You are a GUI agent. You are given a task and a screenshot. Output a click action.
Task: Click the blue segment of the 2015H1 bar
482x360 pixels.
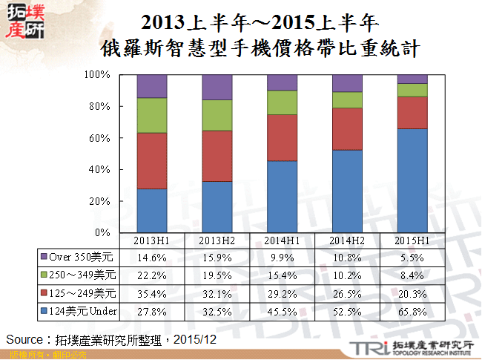coord(412,180)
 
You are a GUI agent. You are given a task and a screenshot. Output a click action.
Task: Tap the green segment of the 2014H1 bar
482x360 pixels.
coord(282,102)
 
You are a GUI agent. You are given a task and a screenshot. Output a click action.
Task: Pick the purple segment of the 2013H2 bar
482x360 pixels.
coord(217,88)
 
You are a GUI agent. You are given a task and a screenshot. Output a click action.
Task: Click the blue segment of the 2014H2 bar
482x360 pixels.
coord(347,191)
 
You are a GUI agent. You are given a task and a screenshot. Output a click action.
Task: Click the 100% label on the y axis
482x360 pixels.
coord(97,75)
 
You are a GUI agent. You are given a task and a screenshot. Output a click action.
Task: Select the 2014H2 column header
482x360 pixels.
coord(346,240)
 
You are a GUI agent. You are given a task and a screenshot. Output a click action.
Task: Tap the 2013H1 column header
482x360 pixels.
coord(151,240)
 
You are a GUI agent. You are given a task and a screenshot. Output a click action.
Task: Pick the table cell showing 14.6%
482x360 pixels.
coord(151,257)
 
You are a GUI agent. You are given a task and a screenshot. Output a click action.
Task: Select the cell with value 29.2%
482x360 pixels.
coord(282,292)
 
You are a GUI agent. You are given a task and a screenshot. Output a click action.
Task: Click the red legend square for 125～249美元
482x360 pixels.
coord(44,292)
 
